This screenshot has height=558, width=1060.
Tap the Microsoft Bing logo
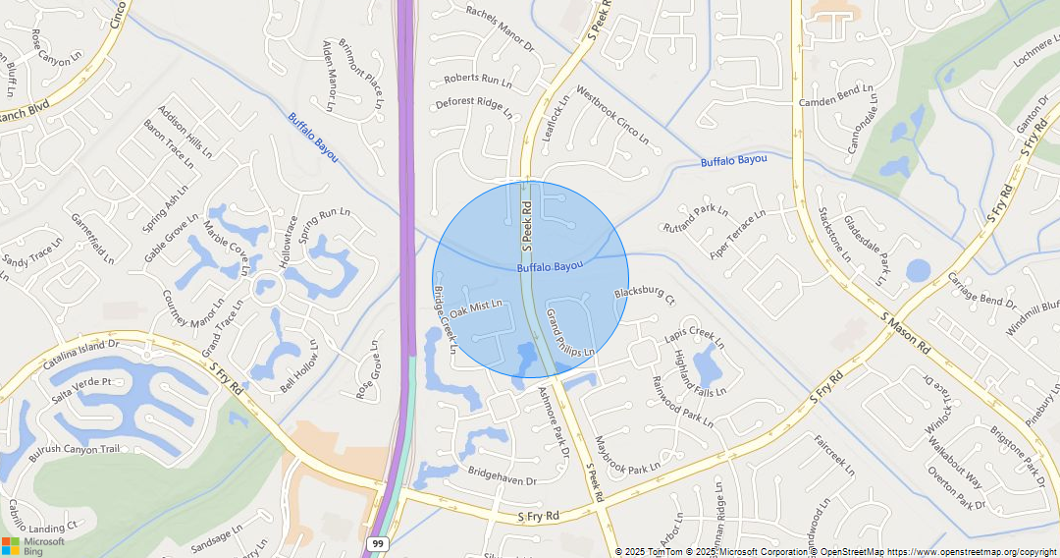point(33,545)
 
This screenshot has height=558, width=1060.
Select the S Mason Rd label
point(906,333)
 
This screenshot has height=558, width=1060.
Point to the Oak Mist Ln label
point(477,308)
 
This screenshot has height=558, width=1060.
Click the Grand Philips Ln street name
point(570,333)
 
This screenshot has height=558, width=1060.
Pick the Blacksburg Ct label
point(645,293)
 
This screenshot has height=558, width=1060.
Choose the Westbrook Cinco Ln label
point(612,115)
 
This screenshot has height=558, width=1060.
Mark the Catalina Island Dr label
point(80,355)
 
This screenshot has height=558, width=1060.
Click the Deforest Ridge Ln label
point(474,107)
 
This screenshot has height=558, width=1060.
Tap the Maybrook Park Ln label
point(628,457)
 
